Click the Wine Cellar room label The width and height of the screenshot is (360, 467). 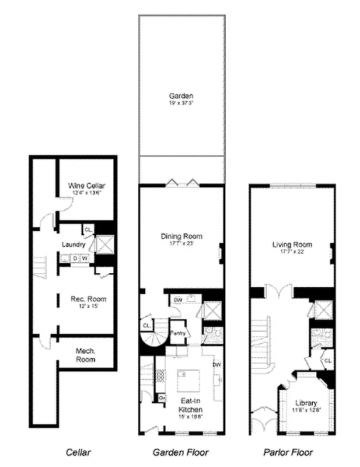pos(86,185)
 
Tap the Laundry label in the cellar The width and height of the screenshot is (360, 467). pos(74,245)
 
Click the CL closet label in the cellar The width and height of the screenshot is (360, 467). pos(88,229)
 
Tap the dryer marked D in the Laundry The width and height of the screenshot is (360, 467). pos(75,257)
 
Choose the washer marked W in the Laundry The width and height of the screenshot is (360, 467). pos(85,257)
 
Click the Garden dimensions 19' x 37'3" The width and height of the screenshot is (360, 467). pos(181,103)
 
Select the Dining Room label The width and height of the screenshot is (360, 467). pos(181,236)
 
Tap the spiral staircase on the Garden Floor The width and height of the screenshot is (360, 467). pos(153,337)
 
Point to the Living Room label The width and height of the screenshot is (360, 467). pos(292,245)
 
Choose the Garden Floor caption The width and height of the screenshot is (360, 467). pos(180,452)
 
